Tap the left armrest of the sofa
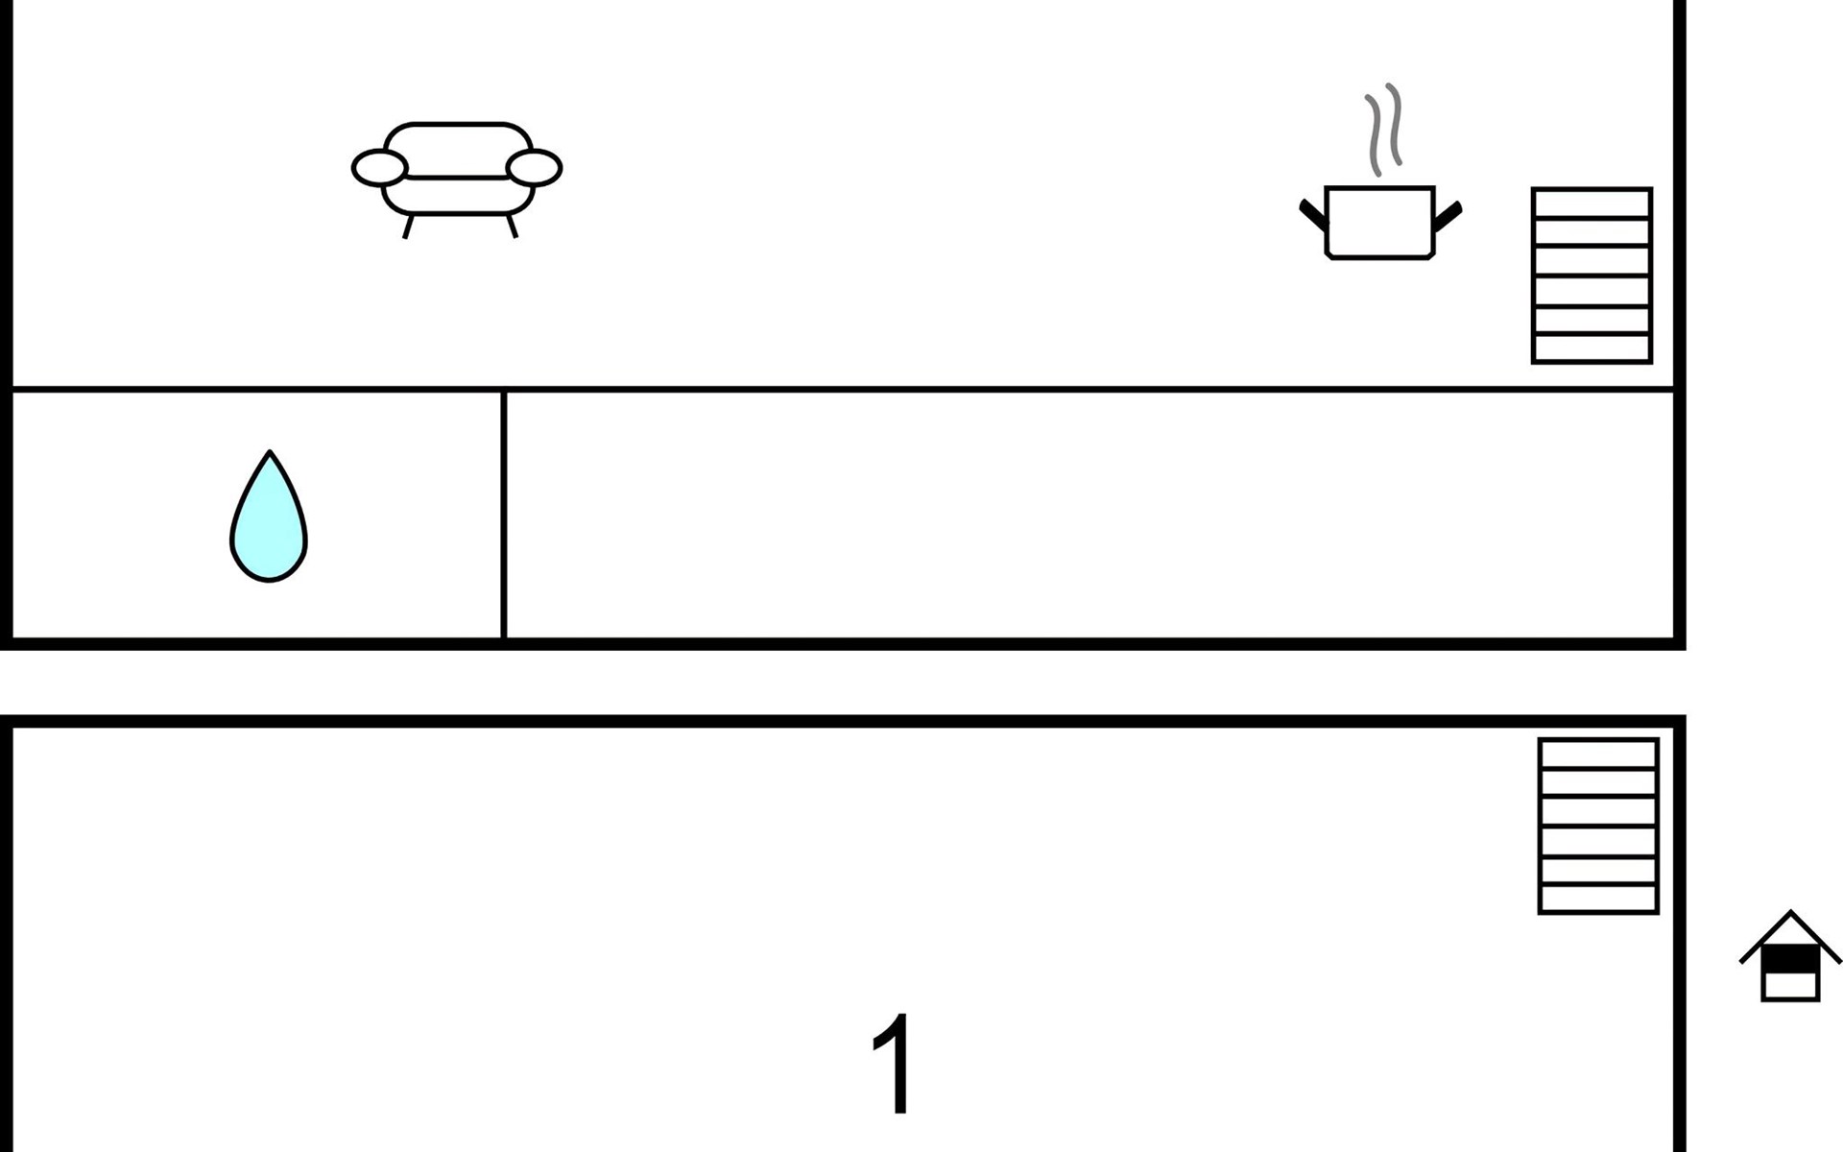379,168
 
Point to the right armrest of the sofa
534,168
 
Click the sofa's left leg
408,227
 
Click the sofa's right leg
512,227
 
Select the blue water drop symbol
269,523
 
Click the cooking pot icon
1379,223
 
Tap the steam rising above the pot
1383,130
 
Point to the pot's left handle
1312,214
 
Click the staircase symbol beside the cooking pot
1591,276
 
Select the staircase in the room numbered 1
1598,826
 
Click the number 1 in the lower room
893,1064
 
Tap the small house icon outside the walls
1790,958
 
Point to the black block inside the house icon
1790,960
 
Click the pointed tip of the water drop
270,454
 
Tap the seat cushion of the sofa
457,195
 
